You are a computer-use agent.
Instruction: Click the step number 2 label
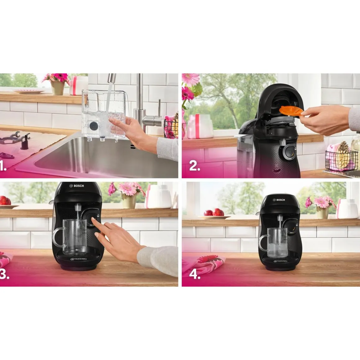click(195, 167)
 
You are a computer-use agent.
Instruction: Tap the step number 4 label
click(195, 274)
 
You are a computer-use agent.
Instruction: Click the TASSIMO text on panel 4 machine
click(280, 261)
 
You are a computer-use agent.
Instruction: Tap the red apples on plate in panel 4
click(213, 213)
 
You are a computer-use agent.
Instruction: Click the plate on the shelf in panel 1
click(29, 92)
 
